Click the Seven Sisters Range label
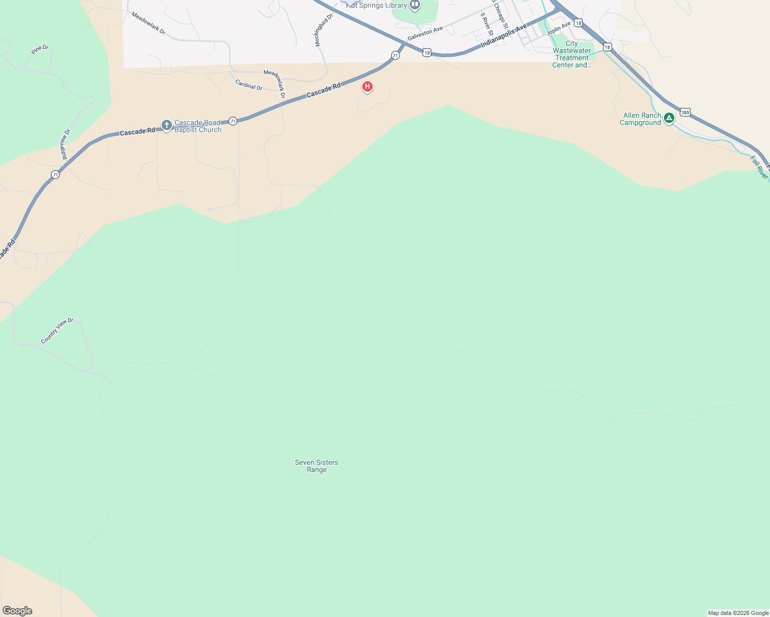(317, 466)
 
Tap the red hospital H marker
(367, 86)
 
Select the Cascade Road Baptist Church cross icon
(166, 125)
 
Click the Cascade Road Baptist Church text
(198, 126)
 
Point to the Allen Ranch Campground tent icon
(669, 118)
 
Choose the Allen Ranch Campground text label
(641, 119)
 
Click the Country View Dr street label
(57, 331)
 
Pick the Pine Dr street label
(40, 50)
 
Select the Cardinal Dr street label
(249, 85)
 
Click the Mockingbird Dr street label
(324, 30)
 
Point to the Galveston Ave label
(425, 34)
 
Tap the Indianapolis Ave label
(504, 35)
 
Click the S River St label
(486, 24)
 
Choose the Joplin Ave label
(558, 28)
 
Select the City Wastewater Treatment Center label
(572, 54)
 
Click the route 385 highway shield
(685, 112)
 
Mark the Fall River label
(759, 168)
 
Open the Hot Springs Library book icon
(415, 6)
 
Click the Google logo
(17, 611)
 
